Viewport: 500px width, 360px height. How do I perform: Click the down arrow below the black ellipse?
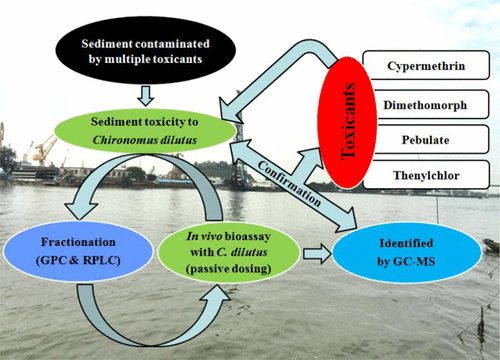144,94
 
